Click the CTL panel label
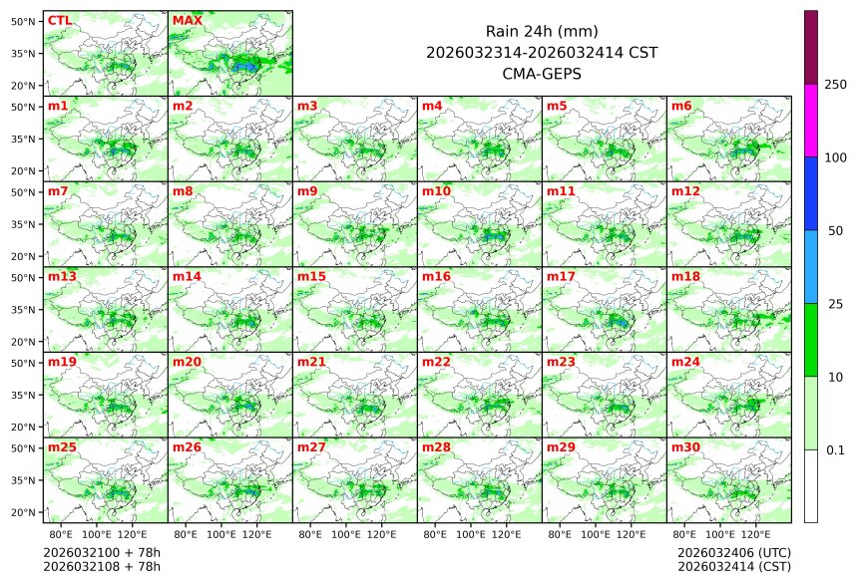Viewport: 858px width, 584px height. (x=60, y=20)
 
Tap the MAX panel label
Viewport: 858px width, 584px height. (x=186, y=20)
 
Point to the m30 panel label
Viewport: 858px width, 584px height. (x=684, y=447)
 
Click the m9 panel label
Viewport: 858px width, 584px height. (x=307, y=190)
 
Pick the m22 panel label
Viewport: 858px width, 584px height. (x=435, y=362)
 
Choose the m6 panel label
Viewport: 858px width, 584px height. (x=681, y=106)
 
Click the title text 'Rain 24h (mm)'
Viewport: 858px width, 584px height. (x=542, y=31)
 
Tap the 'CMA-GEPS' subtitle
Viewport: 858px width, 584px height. (x=542, y=73)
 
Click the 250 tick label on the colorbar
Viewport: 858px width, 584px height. (x=835, y=85)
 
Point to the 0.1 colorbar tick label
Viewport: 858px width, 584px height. (x=835, y=450)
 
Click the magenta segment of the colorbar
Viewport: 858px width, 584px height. (x=811, y=120)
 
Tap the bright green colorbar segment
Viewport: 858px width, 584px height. (x=811, y=339)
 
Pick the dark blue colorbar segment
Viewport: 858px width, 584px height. (x=811, y=193)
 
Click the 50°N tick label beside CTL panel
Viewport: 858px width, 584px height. (x=24, y=21)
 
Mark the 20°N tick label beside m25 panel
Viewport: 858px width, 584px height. (x=24, y=512)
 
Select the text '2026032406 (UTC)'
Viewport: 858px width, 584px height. (x=733, y=552)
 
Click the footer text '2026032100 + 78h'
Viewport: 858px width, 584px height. (x=102, y=552)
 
